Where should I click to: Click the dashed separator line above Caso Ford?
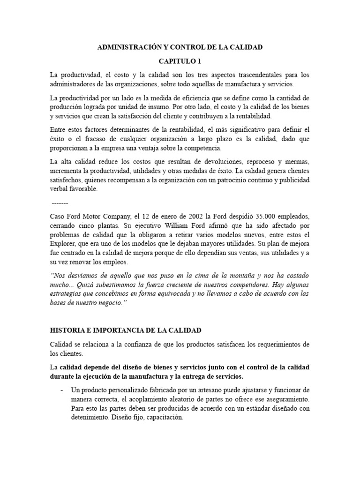[x=60, y=203]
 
